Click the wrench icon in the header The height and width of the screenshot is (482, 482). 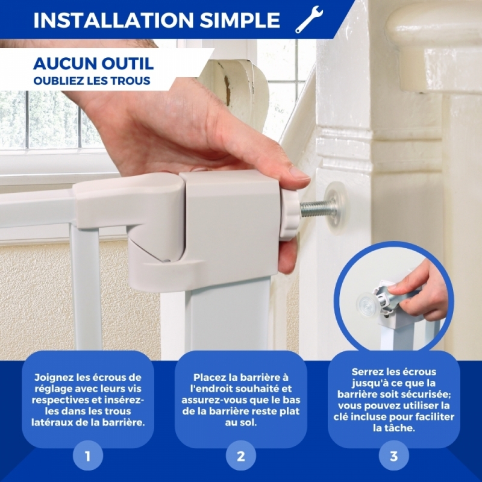[308, 20]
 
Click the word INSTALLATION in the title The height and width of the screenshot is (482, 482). [113, 20]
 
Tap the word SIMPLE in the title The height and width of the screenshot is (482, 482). [240, 20]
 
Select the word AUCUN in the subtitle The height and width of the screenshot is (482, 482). [64, 64]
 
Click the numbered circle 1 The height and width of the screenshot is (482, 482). [88, 455]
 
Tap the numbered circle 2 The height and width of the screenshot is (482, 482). [240, 455]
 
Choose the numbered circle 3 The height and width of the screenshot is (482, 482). [394, 455]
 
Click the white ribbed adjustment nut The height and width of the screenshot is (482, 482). [289, 214]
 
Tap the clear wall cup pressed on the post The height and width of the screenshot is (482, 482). [336, 207]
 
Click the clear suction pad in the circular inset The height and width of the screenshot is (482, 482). [369, 305]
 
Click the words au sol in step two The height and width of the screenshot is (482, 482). [240, 423]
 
